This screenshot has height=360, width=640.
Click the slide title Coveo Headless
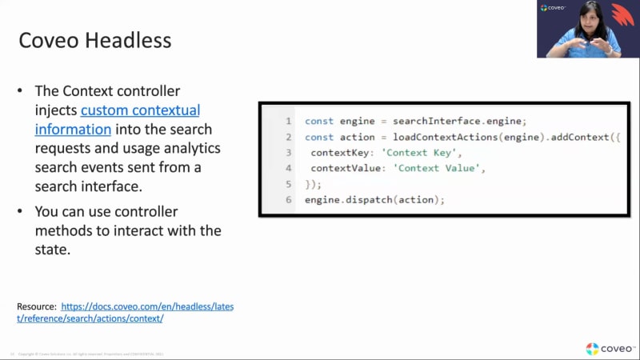94,40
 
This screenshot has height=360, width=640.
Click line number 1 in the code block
287,121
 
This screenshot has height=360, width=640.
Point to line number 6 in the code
287,199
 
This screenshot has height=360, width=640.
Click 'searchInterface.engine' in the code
459,121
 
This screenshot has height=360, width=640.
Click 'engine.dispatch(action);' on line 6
374,199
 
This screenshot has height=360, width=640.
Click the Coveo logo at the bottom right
610,348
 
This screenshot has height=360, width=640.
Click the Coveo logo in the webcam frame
554,8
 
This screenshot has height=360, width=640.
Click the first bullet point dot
21,91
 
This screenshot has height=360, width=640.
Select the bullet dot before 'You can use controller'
21,212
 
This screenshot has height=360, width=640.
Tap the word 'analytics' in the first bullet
192,148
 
